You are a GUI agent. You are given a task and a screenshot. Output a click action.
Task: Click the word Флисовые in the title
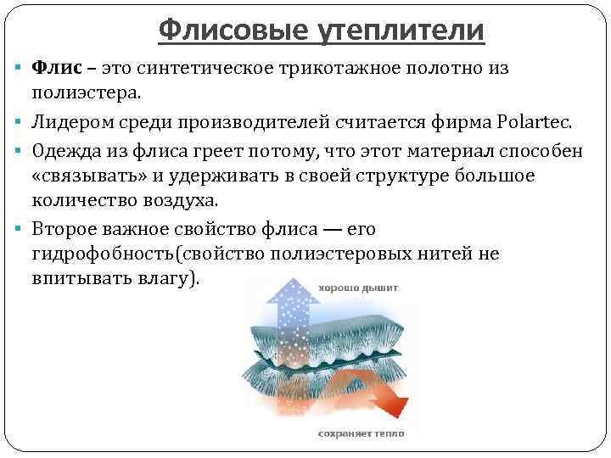(x=221, y=31)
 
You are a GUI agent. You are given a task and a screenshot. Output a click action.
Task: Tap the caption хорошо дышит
(x=357, y=288)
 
